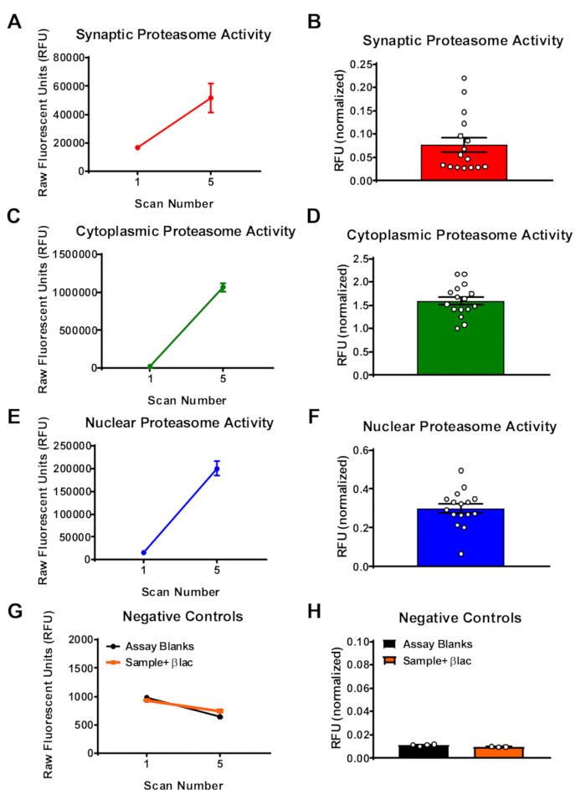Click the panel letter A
(14, 21)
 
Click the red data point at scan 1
(137, 147)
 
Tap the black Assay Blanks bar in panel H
(424, 751)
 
